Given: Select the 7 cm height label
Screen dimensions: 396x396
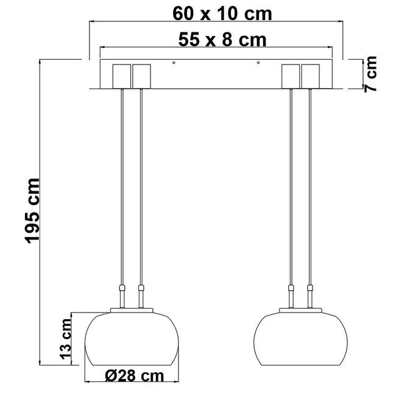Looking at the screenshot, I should [x=370, y=74].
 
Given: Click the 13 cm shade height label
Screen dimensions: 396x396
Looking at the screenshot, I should [x=68, y=339].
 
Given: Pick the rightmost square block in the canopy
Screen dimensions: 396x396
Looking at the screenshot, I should [x=311, y=76].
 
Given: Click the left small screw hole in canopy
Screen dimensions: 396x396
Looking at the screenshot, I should [x=174, y=63].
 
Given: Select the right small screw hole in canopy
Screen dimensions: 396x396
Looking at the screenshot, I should [x=258, y=63].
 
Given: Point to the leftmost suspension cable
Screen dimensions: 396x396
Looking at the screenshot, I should [x=122, y=183].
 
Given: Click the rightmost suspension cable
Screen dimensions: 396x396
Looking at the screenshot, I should [x=310, y=183].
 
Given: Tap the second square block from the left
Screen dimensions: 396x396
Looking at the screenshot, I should [x=141, y=76].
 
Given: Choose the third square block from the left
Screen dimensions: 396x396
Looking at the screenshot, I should [x=291, y=76].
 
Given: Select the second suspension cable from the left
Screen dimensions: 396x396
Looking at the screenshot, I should [x=141, y=183].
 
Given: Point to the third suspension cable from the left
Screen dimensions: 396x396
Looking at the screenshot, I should [x=291, y=183].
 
